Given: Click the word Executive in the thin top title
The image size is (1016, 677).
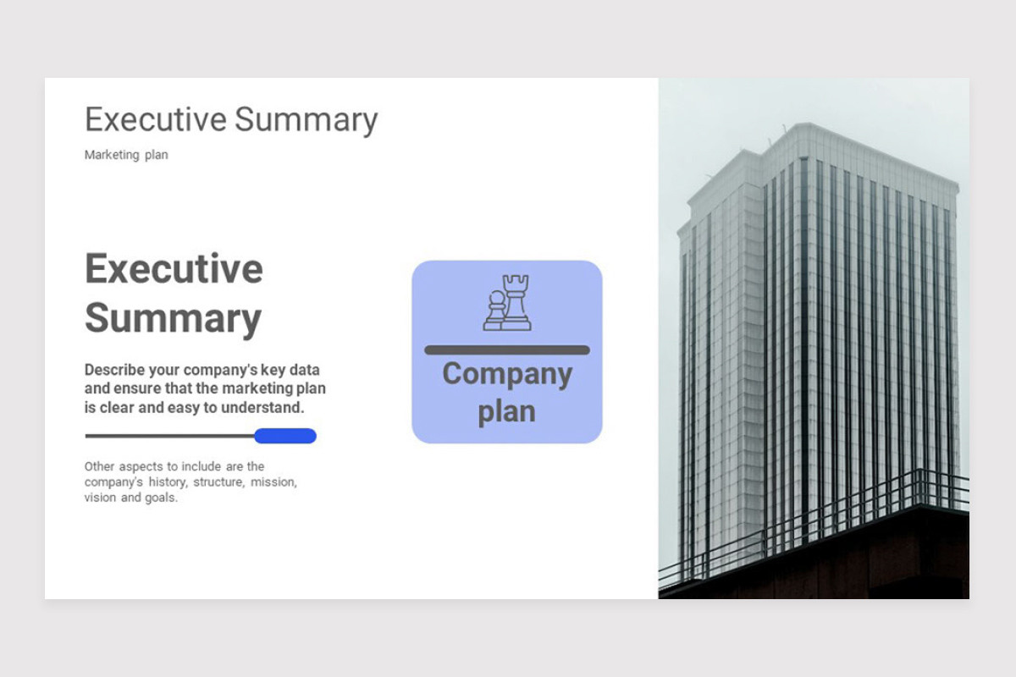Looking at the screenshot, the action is click(x=156, y=119).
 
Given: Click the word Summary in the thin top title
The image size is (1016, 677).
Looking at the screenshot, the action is click(x=306, y=122).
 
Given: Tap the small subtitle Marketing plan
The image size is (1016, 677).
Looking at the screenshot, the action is click(x=126, y=155).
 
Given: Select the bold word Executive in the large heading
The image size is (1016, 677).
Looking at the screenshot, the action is click(x=174, y=269).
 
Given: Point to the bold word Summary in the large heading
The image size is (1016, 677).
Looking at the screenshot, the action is click(x=173, y=319).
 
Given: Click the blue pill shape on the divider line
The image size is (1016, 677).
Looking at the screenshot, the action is click(x=285, y=436).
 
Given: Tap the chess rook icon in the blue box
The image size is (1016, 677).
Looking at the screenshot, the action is click(x=516, y=302).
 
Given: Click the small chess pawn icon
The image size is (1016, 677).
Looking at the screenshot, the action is click(x=494, y=311).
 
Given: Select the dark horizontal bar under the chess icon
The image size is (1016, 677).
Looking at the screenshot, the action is click(x=507, y=350).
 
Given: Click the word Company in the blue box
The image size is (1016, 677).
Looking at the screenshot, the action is click(x=507, y=375).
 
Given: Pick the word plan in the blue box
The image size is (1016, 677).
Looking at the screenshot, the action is click(x=506, y=413).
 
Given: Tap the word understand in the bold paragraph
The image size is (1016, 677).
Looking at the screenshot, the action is click(x=262, y=408).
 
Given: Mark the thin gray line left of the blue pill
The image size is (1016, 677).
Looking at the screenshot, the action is click(x=170, y=436).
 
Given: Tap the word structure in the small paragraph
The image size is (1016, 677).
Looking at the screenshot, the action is click(x=219, y=482).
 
